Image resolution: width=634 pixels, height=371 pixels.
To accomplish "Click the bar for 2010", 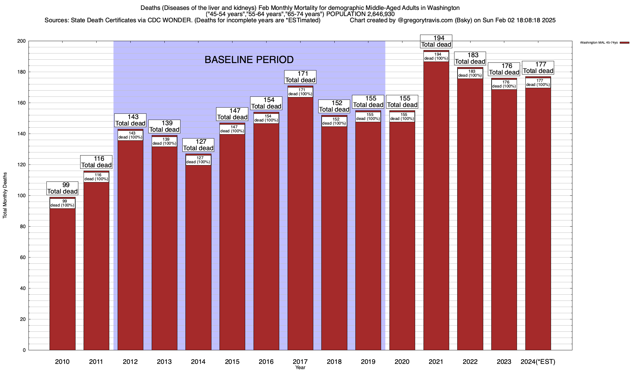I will [62, 278].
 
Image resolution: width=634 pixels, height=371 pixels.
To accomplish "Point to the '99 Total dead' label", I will [62, 188].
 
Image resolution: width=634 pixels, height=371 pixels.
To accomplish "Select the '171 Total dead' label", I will [300, 77].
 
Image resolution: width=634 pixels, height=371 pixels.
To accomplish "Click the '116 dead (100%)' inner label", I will [96, 177].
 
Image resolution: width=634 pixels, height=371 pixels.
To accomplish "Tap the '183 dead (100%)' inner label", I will [470, 74].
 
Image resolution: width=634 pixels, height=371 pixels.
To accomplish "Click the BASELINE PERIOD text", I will [249, 60].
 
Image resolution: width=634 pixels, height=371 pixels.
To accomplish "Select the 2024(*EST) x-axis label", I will [538, 362].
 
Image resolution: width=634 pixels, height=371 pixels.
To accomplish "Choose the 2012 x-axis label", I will [130, 362].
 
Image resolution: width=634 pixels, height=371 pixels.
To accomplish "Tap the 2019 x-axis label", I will [368, 362].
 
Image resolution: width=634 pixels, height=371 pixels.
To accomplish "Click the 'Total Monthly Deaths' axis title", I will [5, 195].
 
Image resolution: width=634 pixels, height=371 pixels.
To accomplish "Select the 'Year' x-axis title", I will [300, 368].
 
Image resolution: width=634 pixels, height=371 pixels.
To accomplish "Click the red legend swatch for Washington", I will [624, 43].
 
